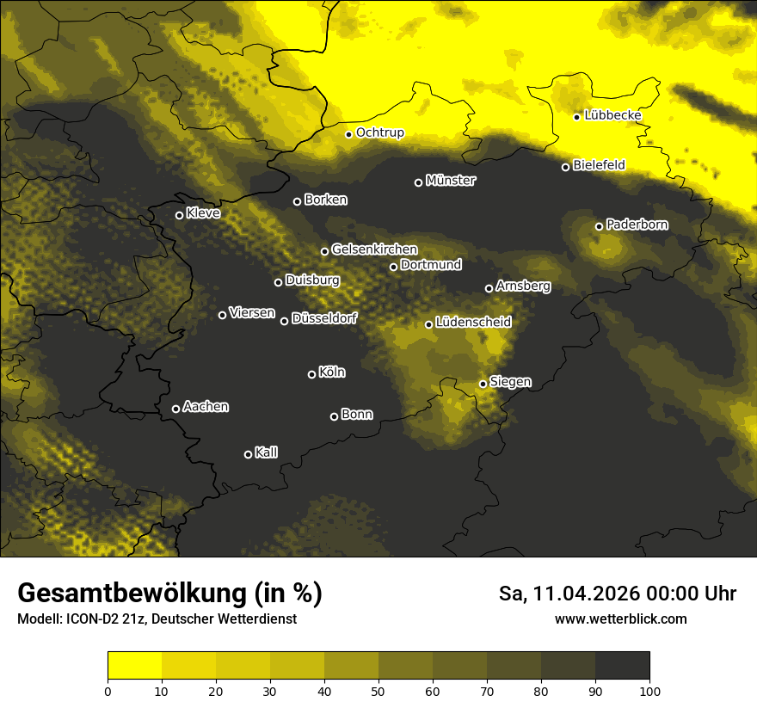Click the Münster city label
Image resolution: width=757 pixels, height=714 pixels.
pyautogui.click(x=451, y=181)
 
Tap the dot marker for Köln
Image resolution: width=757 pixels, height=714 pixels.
pyautogui.click(x=312, y=374)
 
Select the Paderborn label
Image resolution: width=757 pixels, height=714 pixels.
pyautogui.click(x=637, y=225)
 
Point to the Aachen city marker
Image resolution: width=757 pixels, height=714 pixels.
pyautogui.click(x=176, y=409)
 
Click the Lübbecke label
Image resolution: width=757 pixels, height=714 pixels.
pyautogui.click(x=612, y=115)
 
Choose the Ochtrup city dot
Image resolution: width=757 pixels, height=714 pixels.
pyautogui.click(x=349, y=134)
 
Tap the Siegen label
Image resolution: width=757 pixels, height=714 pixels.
pyautogui.click(x=510, y=382)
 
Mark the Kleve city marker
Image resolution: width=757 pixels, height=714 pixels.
pyautogui.click(x=180, y=215)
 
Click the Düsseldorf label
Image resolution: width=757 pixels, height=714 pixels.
pyautogui.click(x=324, y=318)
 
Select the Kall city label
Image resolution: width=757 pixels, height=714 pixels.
pyautogui.click(x=266, y=452)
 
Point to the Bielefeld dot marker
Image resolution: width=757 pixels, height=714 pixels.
pyautogui.click(x=566, y=167)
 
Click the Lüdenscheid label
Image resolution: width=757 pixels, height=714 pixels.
pyautogui.click(x=473, y=323)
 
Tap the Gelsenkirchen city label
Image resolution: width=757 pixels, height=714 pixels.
pyautogui.click(x=374, y=249)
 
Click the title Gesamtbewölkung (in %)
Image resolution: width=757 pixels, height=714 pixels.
pyautogui.click(x=169, y=593)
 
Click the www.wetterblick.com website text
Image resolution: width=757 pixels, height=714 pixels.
pyautogui.click(x=620, y=619)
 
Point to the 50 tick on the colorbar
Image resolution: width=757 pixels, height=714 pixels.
pyautogui.click(x=378, y=690)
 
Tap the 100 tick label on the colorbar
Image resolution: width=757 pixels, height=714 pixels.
pyautogui.click(x=649, y=690)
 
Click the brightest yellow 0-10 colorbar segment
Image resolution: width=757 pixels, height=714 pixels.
pyautogui.click(x=134, y=666)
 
